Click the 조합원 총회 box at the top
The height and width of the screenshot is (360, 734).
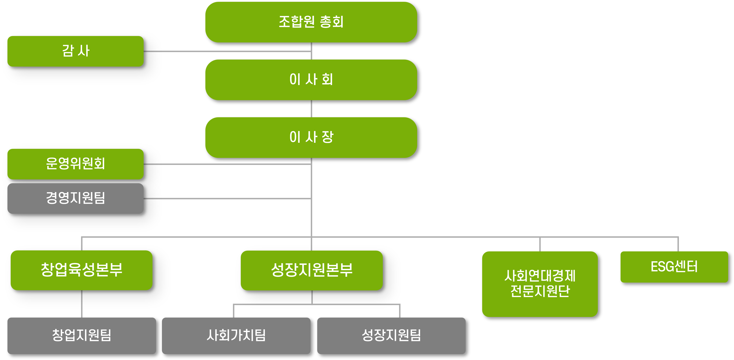(x=311, y=22)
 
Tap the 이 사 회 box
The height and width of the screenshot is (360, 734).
(x=311, y=80)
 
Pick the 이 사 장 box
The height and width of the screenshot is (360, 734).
(x=311, y=138)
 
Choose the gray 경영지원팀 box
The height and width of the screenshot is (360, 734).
(x=75, y=199)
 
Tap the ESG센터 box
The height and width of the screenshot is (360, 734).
(x=674, y=267)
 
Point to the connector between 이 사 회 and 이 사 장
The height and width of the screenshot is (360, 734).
(x=311, y=109)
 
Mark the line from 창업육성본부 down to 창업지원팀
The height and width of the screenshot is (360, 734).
(x=82, y=304)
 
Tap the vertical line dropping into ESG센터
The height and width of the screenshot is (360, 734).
(x=678, y=244)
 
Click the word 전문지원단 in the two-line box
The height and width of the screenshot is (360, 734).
(x=540, y=291)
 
